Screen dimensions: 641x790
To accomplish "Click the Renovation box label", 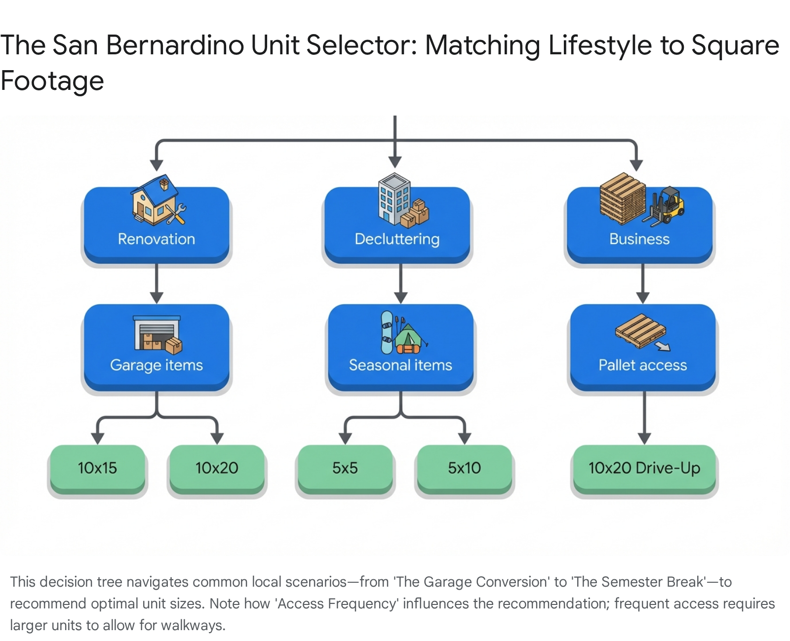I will [x=157, y=239].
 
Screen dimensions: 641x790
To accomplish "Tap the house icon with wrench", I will [x=158, y=200].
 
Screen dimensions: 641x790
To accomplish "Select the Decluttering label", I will [x=397, y=239].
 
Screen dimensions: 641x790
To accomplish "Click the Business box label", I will [x=639, y=239].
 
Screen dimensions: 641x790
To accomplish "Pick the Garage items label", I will [x=157, y=365].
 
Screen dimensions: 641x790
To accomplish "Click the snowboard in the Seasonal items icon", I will [x=387, y=332].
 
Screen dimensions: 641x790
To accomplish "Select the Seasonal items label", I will [x=400, y=365].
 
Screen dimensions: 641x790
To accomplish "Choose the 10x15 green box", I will [x=97, y=468].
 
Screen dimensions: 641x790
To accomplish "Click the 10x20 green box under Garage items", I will [x=217, y=468].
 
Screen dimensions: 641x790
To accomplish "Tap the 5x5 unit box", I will [x=345, y=468].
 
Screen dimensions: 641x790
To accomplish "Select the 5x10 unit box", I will [x=464, y=468].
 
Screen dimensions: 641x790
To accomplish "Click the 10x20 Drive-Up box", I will [x=644, y=468].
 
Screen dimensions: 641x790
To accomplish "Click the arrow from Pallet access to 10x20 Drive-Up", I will [x=644, y=417].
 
